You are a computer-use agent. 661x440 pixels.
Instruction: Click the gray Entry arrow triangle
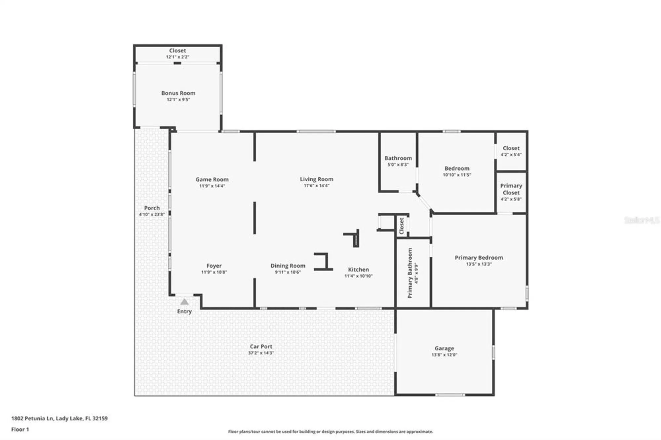184,302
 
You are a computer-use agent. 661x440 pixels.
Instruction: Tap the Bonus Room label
178,93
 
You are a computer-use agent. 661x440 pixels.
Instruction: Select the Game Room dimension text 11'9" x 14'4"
212,186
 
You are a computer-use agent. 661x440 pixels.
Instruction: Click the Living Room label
316,179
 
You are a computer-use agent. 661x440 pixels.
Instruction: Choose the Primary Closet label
511,189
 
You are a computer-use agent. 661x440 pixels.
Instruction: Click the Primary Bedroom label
479,258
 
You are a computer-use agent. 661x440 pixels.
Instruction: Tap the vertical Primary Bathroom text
410,273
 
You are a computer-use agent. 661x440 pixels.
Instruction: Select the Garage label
444,348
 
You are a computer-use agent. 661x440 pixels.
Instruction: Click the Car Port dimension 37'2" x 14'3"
261,353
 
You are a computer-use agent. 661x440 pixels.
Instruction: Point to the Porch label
152,208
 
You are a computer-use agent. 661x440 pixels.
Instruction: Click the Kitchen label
358,270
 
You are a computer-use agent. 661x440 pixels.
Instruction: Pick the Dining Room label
288,266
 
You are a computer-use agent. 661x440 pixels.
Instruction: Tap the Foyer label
214,266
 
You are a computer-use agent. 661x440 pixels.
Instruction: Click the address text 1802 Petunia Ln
32,418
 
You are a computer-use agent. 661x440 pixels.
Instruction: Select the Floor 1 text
20,429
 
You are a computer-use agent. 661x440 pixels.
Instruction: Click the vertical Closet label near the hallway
402,226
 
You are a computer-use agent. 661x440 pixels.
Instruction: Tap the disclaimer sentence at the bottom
330,431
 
